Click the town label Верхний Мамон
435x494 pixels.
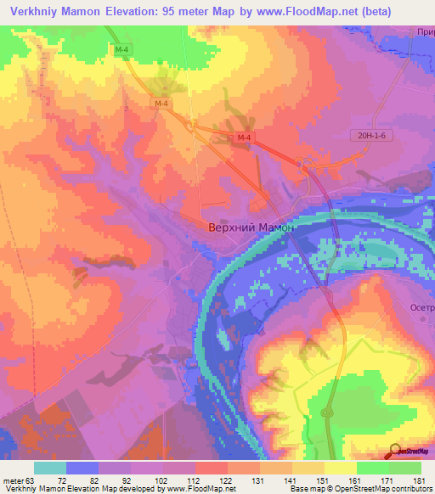tap(251, 227)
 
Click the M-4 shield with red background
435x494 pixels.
tap(245, 138)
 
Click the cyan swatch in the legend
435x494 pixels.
tap(50, 468)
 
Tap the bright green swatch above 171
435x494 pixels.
tap(373, 468)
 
